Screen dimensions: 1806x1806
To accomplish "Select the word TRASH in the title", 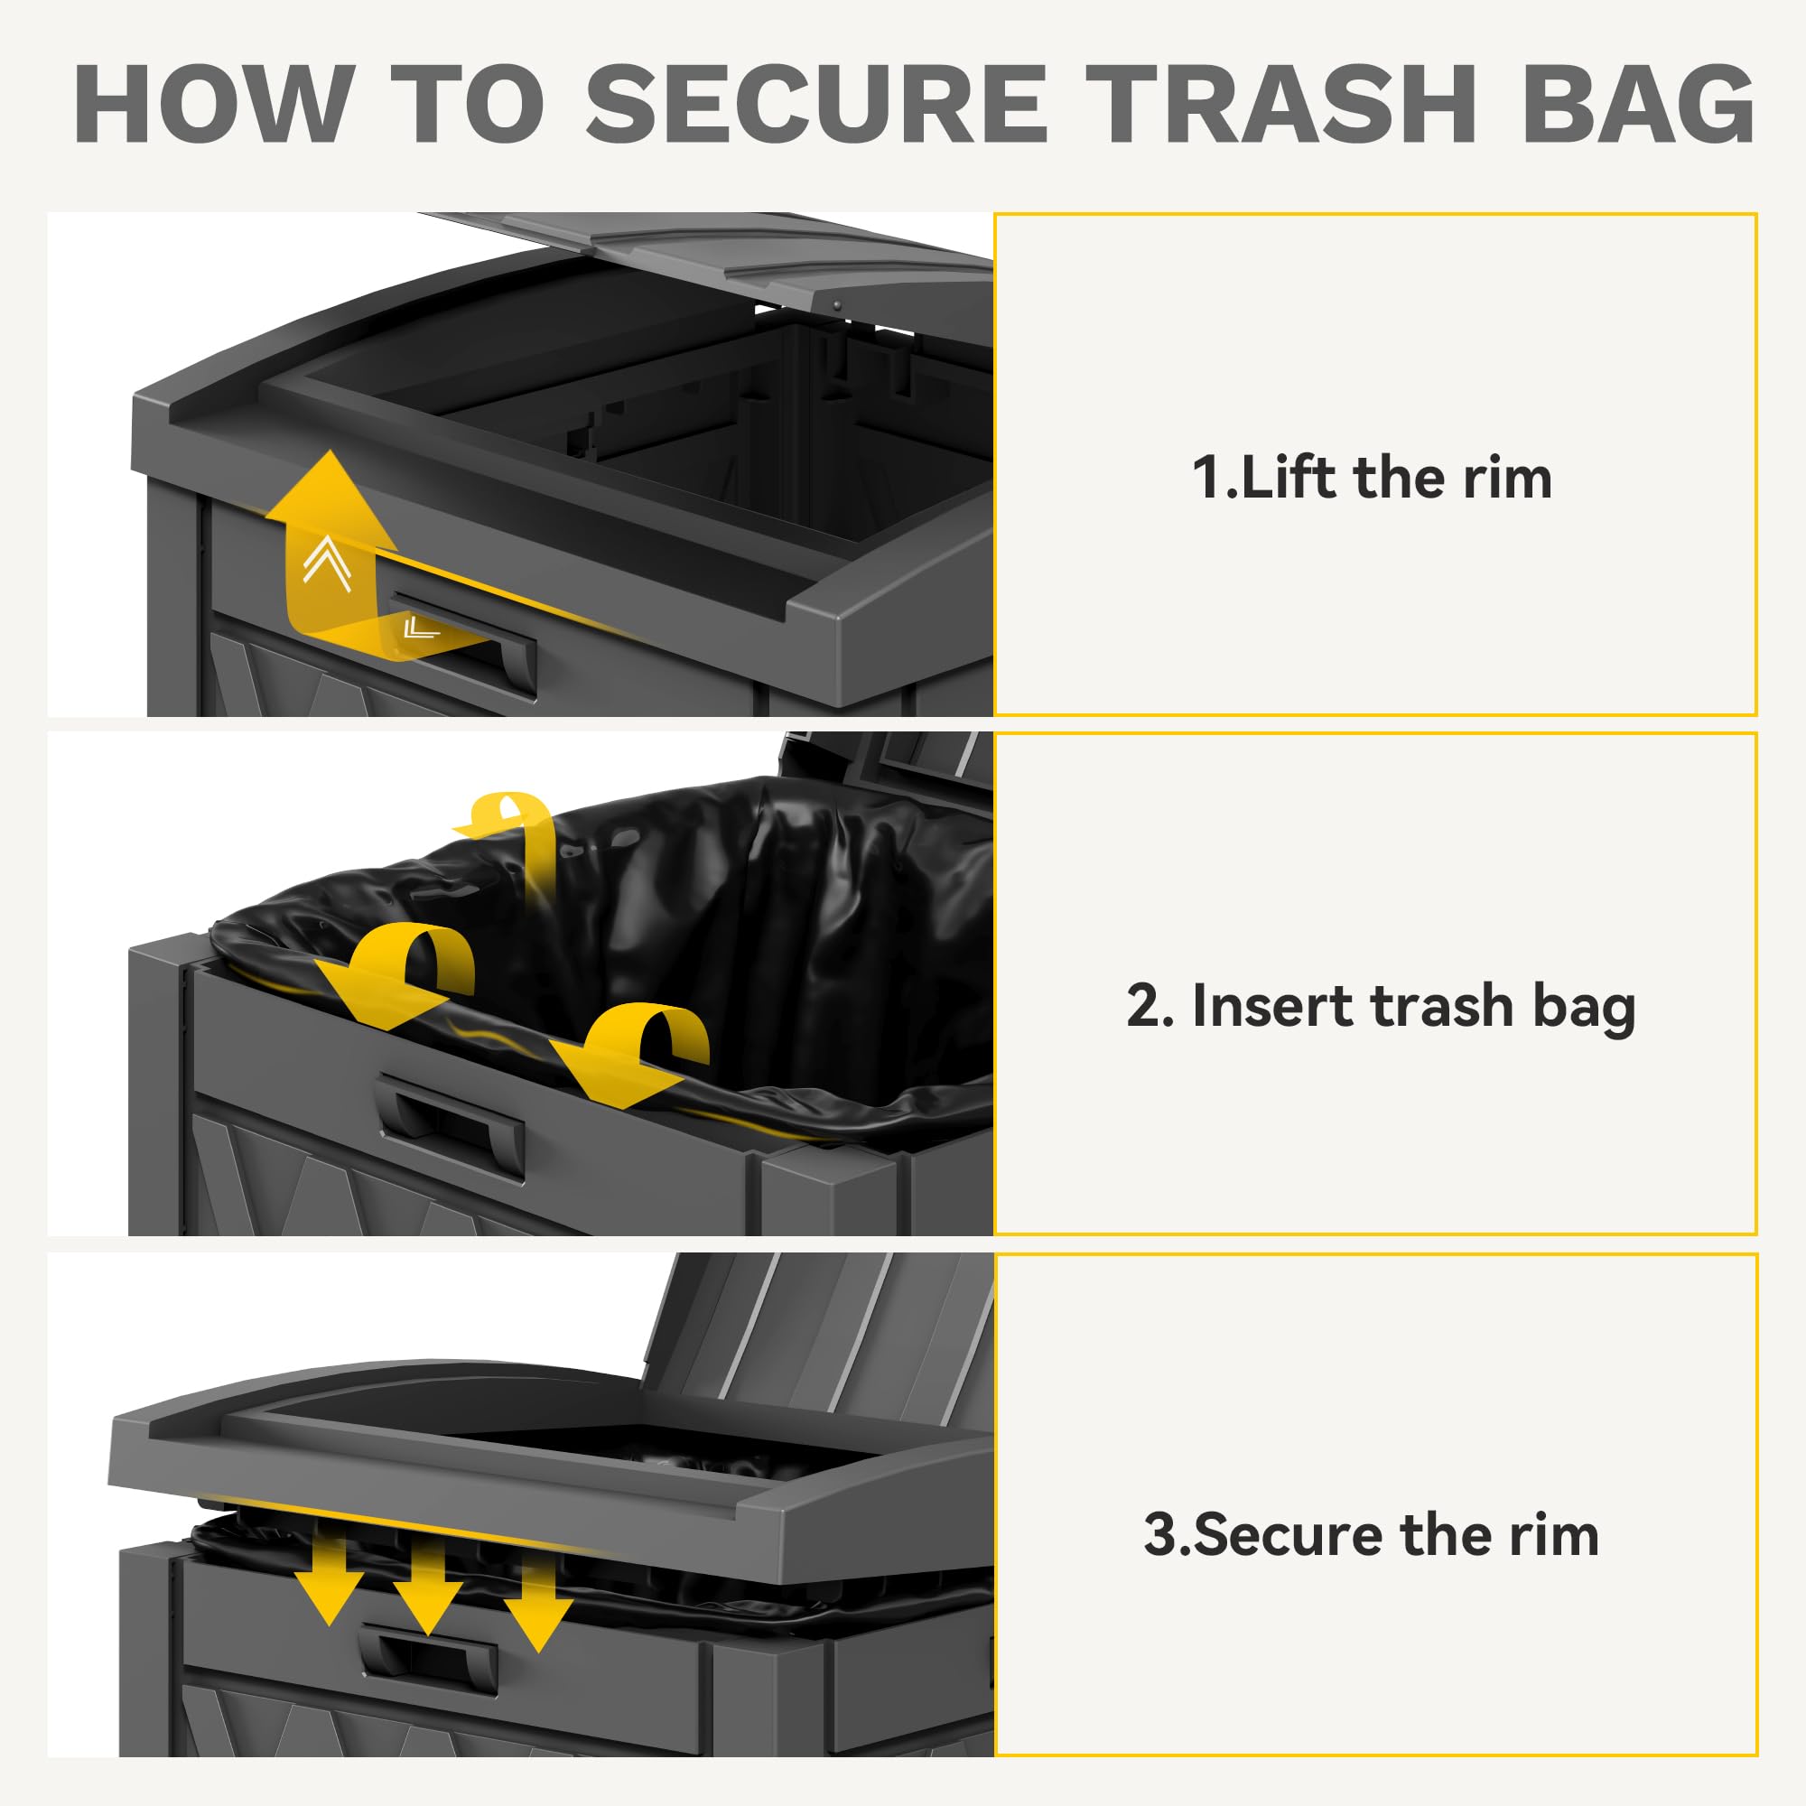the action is (1280, 104).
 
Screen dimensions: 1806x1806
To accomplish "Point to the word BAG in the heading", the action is (1638, 104).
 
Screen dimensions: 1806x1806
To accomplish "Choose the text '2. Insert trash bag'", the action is (1381, 1007).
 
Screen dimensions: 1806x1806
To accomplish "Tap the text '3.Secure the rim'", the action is (1372, 1535).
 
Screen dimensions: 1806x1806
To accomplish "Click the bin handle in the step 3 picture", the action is (428, 1661).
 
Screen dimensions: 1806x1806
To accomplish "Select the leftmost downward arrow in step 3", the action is (329, 1577).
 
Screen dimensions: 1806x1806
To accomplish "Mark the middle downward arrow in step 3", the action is (427, 1587).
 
